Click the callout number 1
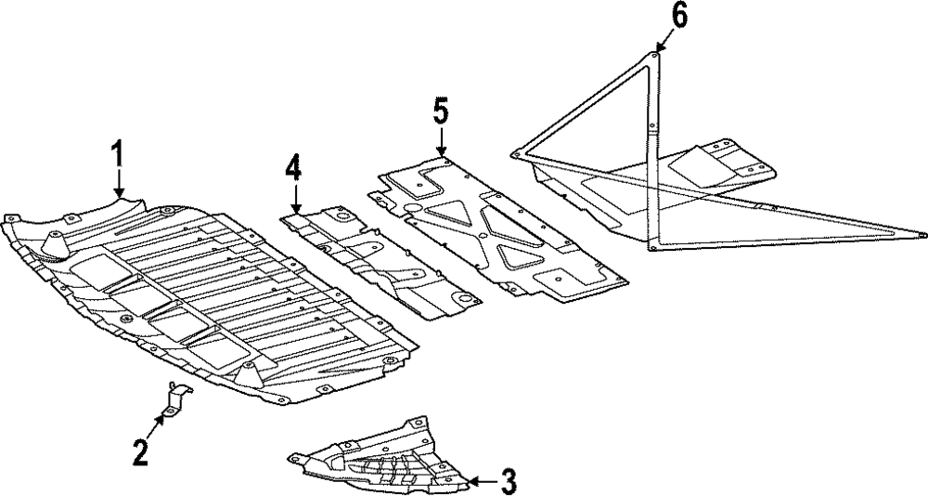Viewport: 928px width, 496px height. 119,155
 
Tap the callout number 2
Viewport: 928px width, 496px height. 140,453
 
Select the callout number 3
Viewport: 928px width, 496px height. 509,480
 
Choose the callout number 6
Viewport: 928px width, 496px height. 679,18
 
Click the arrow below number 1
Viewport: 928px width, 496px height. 119,183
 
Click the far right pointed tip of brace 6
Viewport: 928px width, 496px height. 923,234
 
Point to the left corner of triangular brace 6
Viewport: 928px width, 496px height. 514,155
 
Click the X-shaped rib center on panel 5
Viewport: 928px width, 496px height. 483,234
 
